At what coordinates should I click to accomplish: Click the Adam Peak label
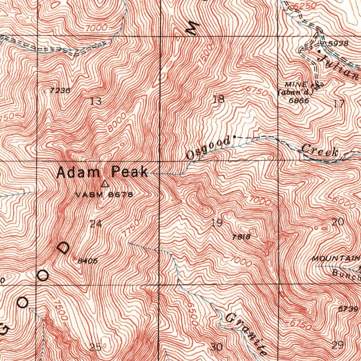pyautogui.click(x=102, y=172)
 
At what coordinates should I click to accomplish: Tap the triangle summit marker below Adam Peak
pyautogui.click(x=105, y=184)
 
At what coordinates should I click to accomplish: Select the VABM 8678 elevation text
pyautogui.click(x=104, y=195)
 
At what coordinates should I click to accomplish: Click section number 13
pyautogui.click(x=96, y=102)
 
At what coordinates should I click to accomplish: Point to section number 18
pyautogui.click(x=219, y=99)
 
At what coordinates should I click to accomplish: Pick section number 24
pyautogui.click(x=96, y=224)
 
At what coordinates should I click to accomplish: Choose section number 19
pyautogui.click(x=217, y=223)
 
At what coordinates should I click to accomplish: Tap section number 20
pyautogui.click(x=338, y=222)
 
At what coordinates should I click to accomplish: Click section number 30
pyautogui.click(x=216, y=347)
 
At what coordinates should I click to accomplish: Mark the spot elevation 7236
pyautogui.click(x=60, y=91)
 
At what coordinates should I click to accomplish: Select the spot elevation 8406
pyautogui.click(x=87, y=261)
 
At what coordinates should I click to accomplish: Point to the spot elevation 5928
pyautogui.click(x=338, y=44)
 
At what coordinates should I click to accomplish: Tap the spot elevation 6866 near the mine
pyautogui.click(x=299, y=100)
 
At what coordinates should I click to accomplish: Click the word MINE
pyautogui.click(x=293, y=85)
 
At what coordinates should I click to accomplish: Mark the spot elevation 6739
pyautogui.click(x=348, y=309)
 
